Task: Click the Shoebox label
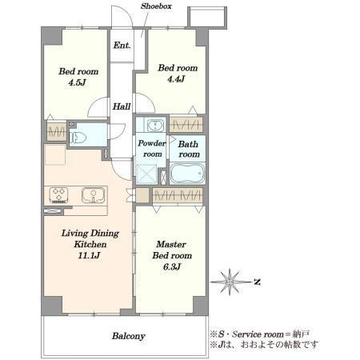tap(156, 6)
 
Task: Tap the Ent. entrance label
tap(122, 46)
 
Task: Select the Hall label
tap(122, 106)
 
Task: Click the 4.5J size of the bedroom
tap(77, 82)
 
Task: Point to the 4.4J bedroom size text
tap(176, 79)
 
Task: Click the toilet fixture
tap(78, 138)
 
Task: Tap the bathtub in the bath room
tap(187, 174)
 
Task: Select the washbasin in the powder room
tap(155, 125)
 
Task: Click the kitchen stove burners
tap(58, 194)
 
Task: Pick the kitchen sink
tap(94, 195)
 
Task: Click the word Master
tap(171, 244)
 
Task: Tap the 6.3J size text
tap(172, 266)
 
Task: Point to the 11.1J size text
tap(89, 255)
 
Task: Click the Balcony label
tap(129, 336)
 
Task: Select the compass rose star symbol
tap(230, 282)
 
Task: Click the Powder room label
tap(151, 149)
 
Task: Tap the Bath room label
tap(189, 149)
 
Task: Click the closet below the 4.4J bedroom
tap(186, 125)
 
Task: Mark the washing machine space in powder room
tap(146, 174)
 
